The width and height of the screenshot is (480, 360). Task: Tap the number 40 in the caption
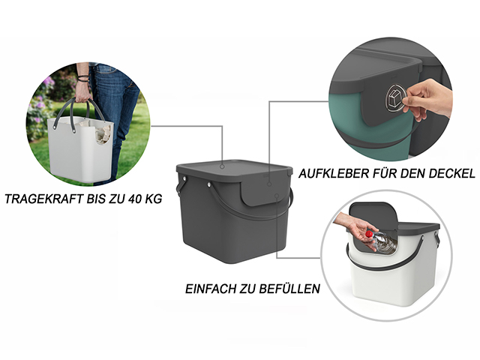(x=136, y=199)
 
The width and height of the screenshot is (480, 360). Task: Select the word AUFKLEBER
(x=334, y=173)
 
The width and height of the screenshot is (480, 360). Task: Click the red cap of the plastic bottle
(x=369, y=235)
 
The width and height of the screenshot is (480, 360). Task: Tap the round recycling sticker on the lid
(x=397, y=97)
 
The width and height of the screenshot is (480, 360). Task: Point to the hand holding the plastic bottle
(x=355, y=229)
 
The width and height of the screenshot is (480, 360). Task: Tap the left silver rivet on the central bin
(x=185, y=178)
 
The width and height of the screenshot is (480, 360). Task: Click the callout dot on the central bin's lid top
(x=222, y=166)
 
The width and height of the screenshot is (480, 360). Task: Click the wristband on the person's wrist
(x=83, y=79)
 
